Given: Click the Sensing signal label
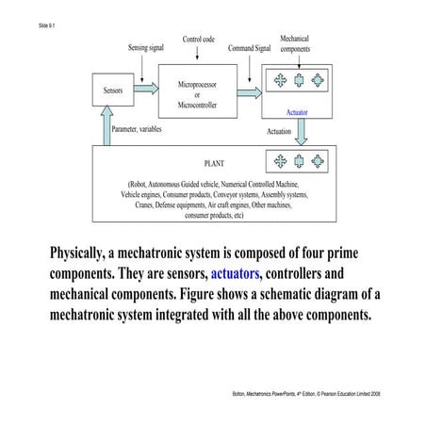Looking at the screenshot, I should (x=151, y=47).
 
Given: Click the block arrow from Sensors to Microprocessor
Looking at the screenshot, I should (x=146, y=91).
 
